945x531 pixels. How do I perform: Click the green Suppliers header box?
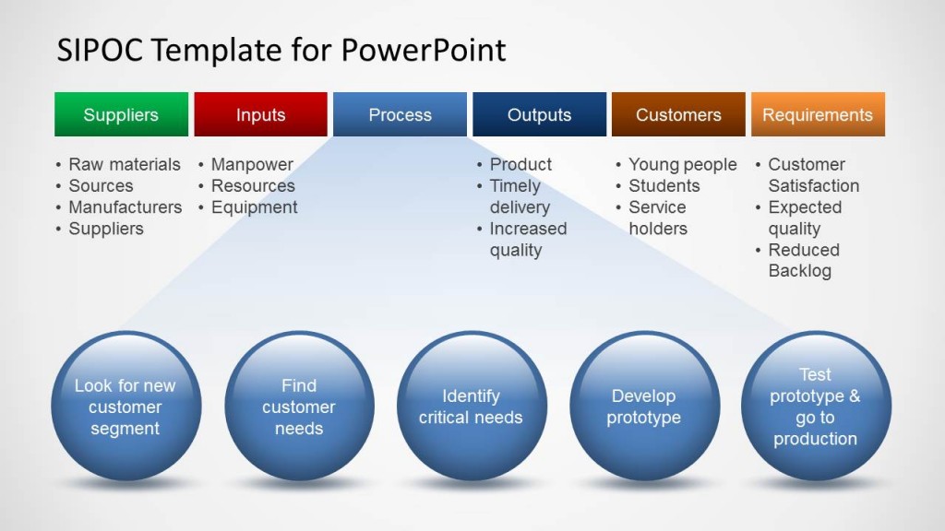tap(121, 115)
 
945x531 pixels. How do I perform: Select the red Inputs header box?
tap(260, 115)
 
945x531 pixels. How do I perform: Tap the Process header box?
tap(400, 115)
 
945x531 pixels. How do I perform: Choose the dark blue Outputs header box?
tap(539, 115)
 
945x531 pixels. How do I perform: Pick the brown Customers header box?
tap(678, 115)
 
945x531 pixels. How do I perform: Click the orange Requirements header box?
tap(818, 115)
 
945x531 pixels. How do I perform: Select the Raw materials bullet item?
tap(125, 164)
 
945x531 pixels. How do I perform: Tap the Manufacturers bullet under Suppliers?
tap(125, 207)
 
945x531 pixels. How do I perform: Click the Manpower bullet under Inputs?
tap(252, 164)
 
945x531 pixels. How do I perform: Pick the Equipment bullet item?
tap(254, 207)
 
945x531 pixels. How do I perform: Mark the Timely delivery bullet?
tap(520, 196)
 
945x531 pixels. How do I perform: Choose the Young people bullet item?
tap(682, 164)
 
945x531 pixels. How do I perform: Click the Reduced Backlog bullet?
tap(803, 261)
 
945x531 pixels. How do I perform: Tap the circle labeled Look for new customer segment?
tap(126, 407)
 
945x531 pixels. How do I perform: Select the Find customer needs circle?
tap(299, 407)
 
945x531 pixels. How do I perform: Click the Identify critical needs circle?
tap(472, 407)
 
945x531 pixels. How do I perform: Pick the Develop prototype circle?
tap(644, 407)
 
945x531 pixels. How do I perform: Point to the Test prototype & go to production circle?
tap(816, 407)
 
